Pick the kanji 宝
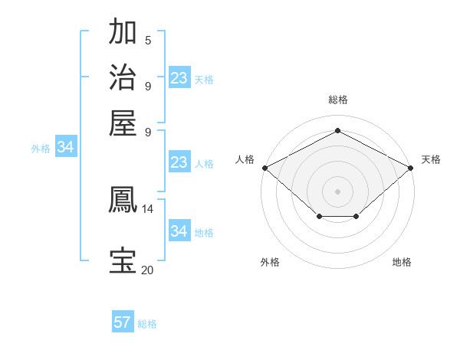point(123,260)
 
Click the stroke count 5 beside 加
point(148,41)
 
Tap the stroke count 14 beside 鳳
point(148,208)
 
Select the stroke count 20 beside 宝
point(148,270)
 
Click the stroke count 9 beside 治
point(148,86)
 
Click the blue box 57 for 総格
point(122,322)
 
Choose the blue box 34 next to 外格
point(65,147)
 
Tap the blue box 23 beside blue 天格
point(179,78)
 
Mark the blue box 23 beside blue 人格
point(179,162)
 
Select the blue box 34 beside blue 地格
point(179,231)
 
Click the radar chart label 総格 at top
point(338,100)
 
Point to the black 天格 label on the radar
point(431,159)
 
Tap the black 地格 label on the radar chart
point(402,262)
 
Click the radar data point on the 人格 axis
point(264,167)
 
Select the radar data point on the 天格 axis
point(412,167)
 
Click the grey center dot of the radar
point(338,191)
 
